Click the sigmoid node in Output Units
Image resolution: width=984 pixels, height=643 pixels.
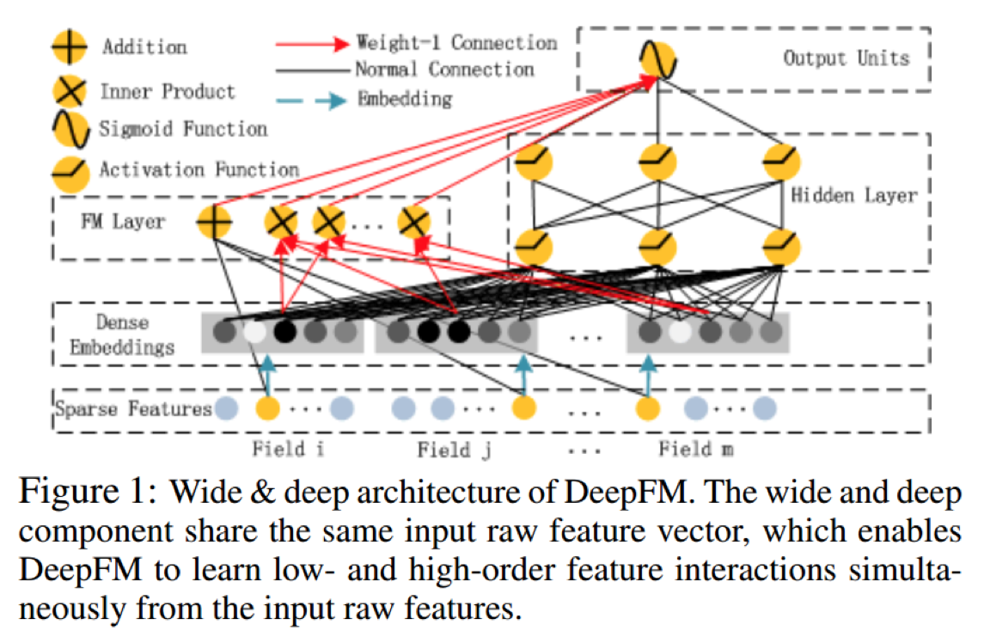657,62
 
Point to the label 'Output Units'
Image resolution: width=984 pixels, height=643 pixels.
846,58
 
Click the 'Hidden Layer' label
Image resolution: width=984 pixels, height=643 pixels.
853,195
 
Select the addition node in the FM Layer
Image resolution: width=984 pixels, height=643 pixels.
214,223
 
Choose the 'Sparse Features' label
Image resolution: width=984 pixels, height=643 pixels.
133,408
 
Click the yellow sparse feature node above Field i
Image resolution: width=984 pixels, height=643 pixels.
269,407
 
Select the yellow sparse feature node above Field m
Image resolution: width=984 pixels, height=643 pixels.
647,407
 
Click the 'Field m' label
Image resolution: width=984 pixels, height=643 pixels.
696,449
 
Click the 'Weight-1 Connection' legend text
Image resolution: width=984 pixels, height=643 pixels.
456,42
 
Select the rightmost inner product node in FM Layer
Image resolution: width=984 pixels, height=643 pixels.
414,223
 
